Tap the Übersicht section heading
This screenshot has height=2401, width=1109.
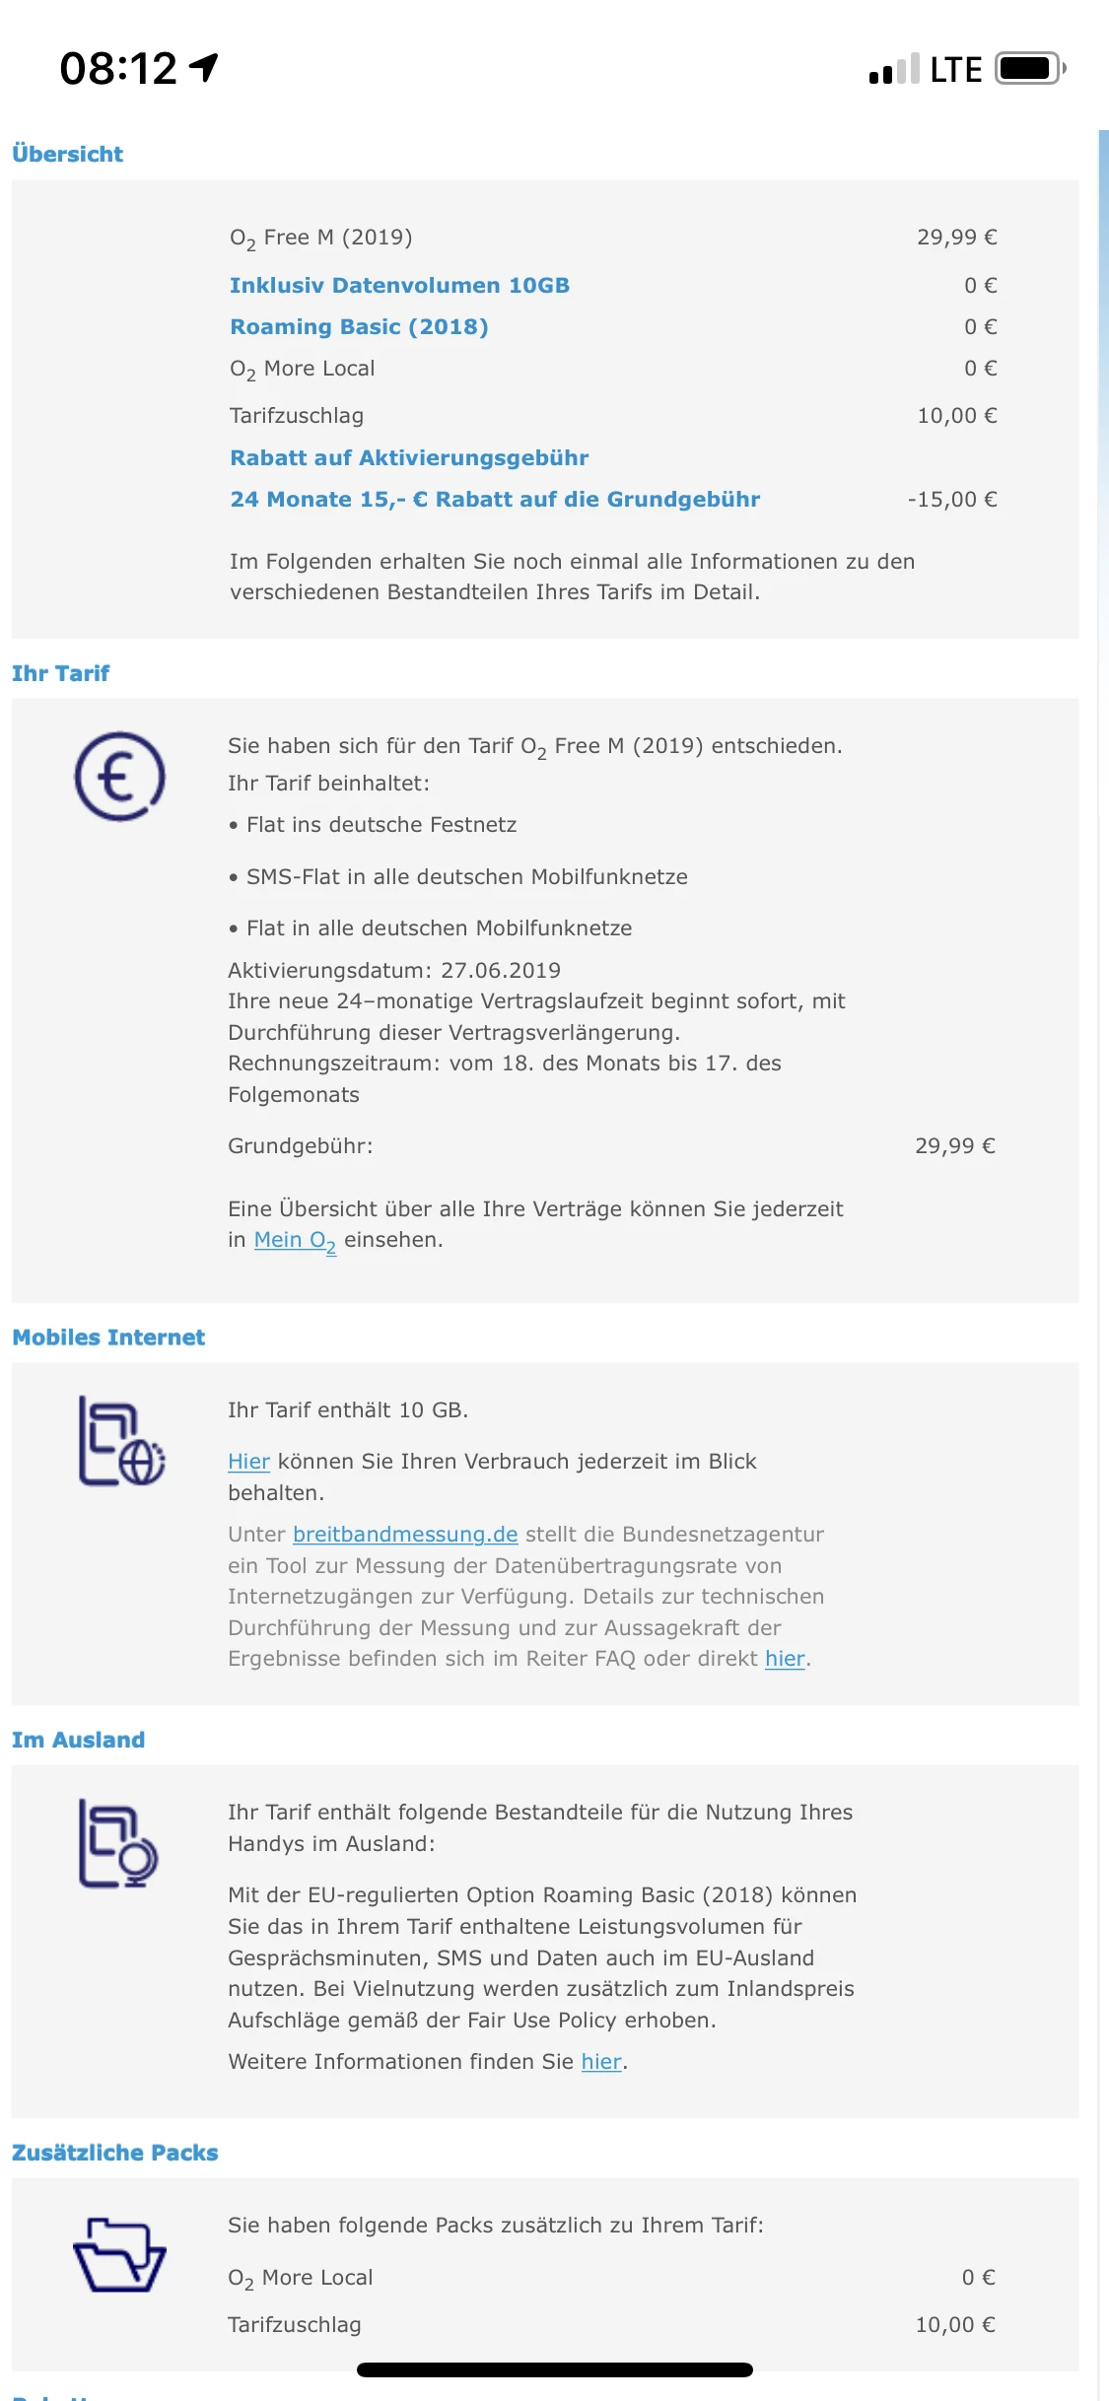point(67,154)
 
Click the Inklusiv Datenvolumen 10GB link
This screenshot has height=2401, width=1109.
point(399,285)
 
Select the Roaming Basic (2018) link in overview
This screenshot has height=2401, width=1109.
point(359,326)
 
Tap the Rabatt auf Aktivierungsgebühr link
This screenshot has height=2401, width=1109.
point(409,457)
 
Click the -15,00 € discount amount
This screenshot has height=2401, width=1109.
point(951,500)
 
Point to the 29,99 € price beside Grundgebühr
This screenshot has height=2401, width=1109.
point(954,1145)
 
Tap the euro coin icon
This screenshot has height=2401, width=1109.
point(119,777)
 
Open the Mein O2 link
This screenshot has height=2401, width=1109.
point(295,1240)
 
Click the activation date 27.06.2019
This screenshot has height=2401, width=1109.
point(500,970)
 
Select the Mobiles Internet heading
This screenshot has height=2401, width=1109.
point(108,1338)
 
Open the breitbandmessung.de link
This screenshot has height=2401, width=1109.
point(405,1535)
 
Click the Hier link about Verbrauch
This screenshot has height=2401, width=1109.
point(248,1462)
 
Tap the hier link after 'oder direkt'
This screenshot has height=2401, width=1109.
point(785,1659)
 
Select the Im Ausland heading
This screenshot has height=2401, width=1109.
point(78,1740)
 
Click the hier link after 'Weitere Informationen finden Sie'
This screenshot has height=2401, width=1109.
point(601,2062)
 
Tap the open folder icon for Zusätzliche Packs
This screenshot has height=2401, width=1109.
point(119,2256)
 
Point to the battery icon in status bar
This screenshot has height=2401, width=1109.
point(1029,69)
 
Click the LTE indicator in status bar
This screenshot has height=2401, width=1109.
point(955,70)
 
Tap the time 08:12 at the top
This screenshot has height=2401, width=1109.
point(118,69)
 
